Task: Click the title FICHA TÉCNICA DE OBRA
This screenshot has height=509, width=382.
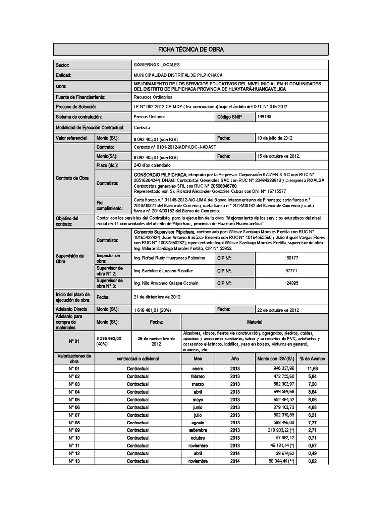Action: point(191,49)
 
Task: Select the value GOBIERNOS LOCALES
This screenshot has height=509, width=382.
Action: point(157,65)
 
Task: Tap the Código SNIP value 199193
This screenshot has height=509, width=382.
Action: point(265,116)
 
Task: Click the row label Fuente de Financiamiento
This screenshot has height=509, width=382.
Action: point(80,97)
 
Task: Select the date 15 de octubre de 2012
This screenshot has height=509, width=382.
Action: point(279,156)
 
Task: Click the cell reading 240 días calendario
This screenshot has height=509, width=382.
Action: point(153,165)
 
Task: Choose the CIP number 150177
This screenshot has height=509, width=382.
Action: point(291,258)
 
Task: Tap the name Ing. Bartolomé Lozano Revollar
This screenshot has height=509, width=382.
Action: point(163,271)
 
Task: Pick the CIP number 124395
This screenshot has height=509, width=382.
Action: point(291,283)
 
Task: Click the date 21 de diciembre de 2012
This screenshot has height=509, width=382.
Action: point(157,297)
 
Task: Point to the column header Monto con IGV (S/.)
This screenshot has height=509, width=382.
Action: point(276,358)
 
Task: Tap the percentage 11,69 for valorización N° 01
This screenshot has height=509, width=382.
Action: point(312,369)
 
